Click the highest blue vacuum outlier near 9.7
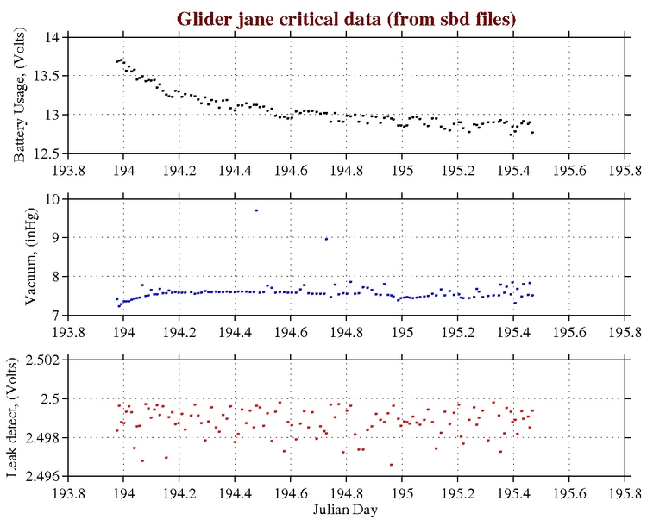coord(256,210)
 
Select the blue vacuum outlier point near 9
coord(326,239)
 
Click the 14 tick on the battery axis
coord(51,38)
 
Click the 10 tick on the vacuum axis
coord(51,198)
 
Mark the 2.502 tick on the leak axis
coord(41,360)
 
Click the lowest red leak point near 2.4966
coord(391,465)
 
